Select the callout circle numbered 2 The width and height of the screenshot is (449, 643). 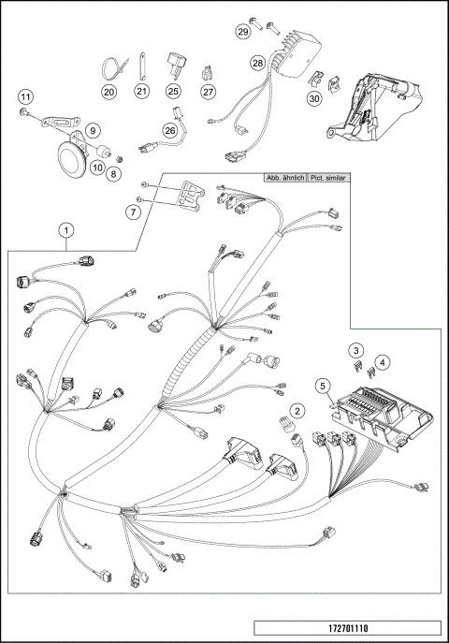coord(297,410)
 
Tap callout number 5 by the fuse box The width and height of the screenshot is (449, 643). coord(323,384)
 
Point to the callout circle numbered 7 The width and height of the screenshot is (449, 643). coord(134,213)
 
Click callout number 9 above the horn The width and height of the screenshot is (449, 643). coord(93,130)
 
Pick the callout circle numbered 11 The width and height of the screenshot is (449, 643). coord(26,95)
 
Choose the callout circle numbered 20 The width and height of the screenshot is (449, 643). coord(109,92)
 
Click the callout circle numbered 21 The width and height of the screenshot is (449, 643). coord(141,92)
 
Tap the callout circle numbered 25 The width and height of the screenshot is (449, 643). coord(173,92)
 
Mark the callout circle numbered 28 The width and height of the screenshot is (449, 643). coord(257,63)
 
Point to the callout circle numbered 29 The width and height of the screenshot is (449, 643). coord(243,32)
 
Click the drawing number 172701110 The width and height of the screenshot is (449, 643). coord(345,629)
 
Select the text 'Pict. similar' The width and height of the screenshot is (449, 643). coord(328,177)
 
